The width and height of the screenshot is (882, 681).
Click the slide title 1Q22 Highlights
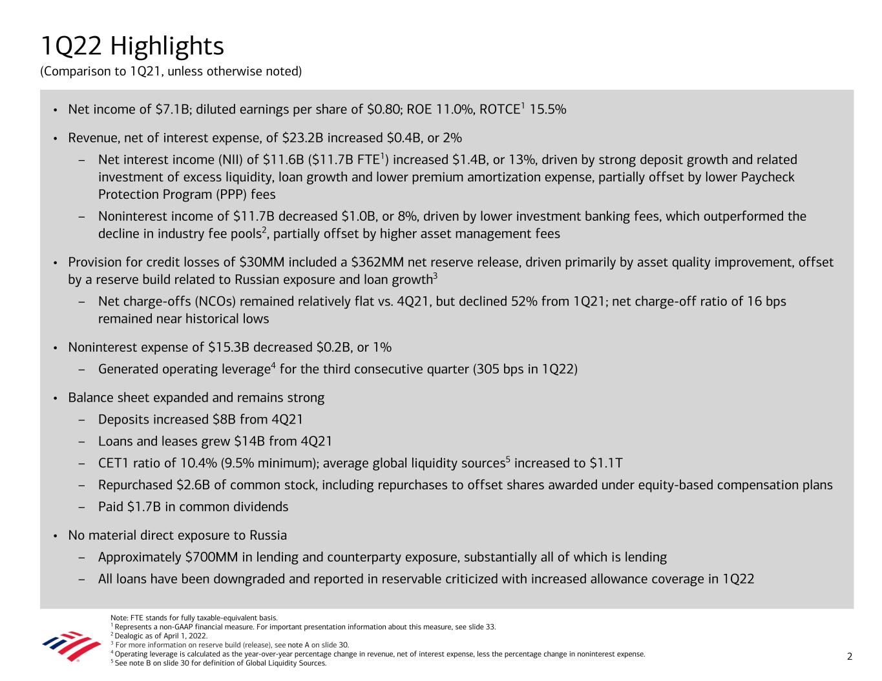pyautogui.click(x=132, y=46)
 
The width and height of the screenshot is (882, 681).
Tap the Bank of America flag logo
pyautogui.click(x=62, y=646)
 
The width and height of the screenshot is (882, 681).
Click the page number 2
pyautogui.click(x=850, y=656)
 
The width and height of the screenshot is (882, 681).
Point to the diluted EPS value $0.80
pyautogui.click(x=383, y=109)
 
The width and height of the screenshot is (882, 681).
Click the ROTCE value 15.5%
pyautogui.click(x=548, y=109)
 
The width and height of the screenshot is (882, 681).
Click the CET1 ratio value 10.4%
pyautogui.click(x=196, y=463)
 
